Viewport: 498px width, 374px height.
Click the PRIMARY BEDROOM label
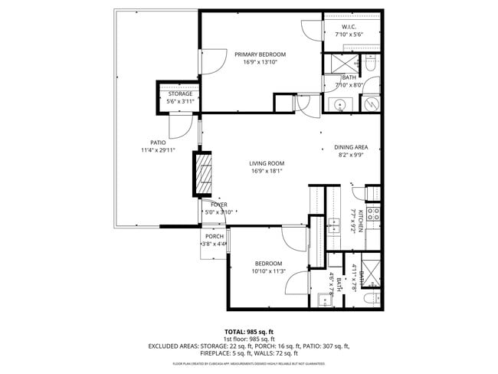tap(260, 54)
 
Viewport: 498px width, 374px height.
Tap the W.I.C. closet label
tap(348, 27)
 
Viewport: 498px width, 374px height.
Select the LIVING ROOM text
tap(267, 163)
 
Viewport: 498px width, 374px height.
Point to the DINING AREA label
tap(351, 147)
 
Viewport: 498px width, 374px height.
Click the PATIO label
tap(158, 143)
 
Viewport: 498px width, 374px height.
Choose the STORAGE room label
tap(180, 93)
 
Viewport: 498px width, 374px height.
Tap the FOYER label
tap(218, 205)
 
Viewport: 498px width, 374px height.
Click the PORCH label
tap(215, 236)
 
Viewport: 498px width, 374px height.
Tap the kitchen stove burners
tap(373, 215)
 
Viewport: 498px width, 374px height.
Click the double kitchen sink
tap(336, 224)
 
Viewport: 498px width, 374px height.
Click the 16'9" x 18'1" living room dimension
tap(267, 172)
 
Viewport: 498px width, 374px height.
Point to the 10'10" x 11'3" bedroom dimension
tap(269, 271)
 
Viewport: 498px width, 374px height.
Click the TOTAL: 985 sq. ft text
tap(249, 330)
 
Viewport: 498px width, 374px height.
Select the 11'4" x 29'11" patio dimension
tap(158, 150)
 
